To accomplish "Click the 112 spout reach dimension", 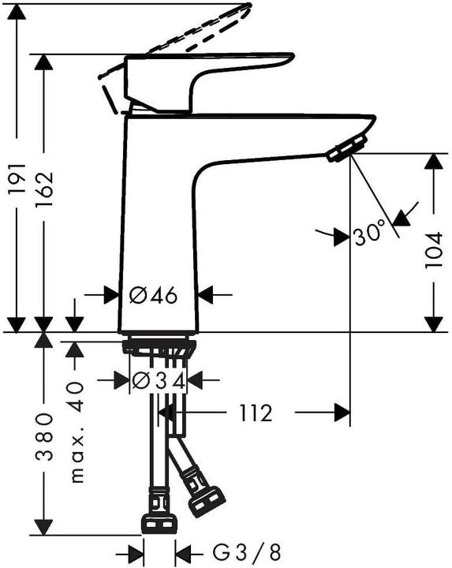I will [x=255, y=413].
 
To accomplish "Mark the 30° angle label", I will [x=369, y=234].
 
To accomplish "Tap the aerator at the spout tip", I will [x=347, y=148].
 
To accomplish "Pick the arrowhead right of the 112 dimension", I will [x=342, y=413].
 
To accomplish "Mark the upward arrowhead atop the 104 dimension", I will [x=433, y=162].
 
